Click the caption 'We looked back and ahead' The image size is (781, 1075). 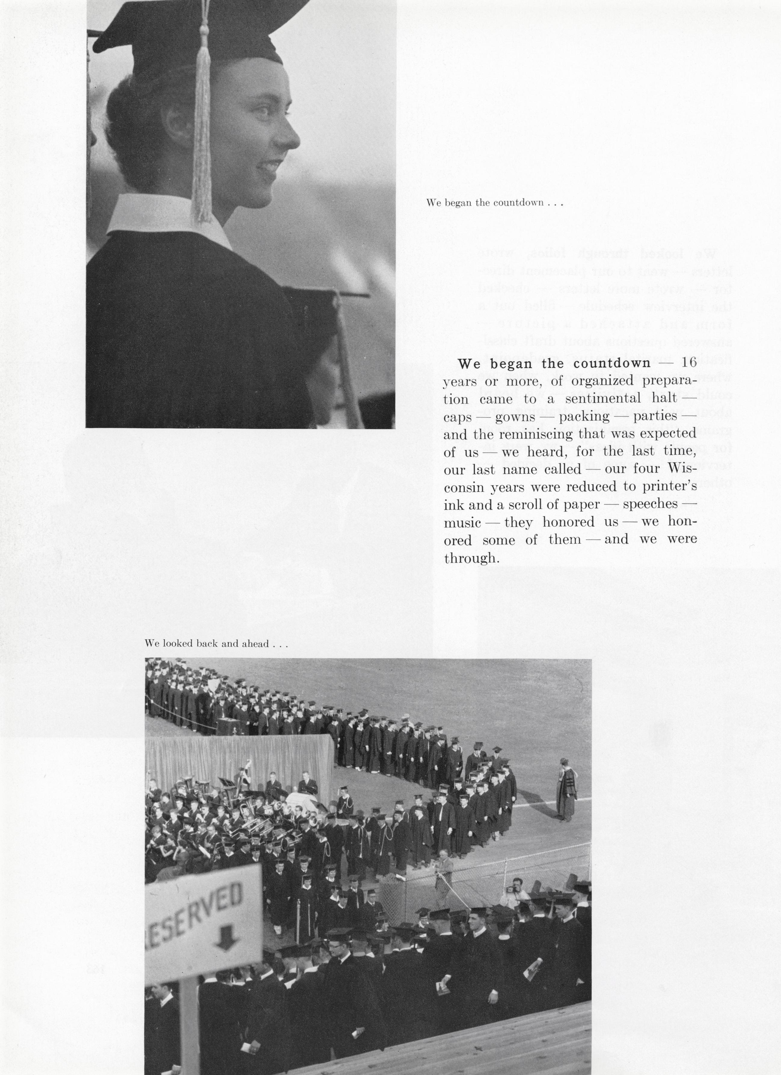point(216,644)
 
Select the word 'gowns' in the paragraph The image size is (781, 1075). point(515,417)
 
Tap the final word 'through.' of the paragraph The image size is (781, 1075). point(472,558)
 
